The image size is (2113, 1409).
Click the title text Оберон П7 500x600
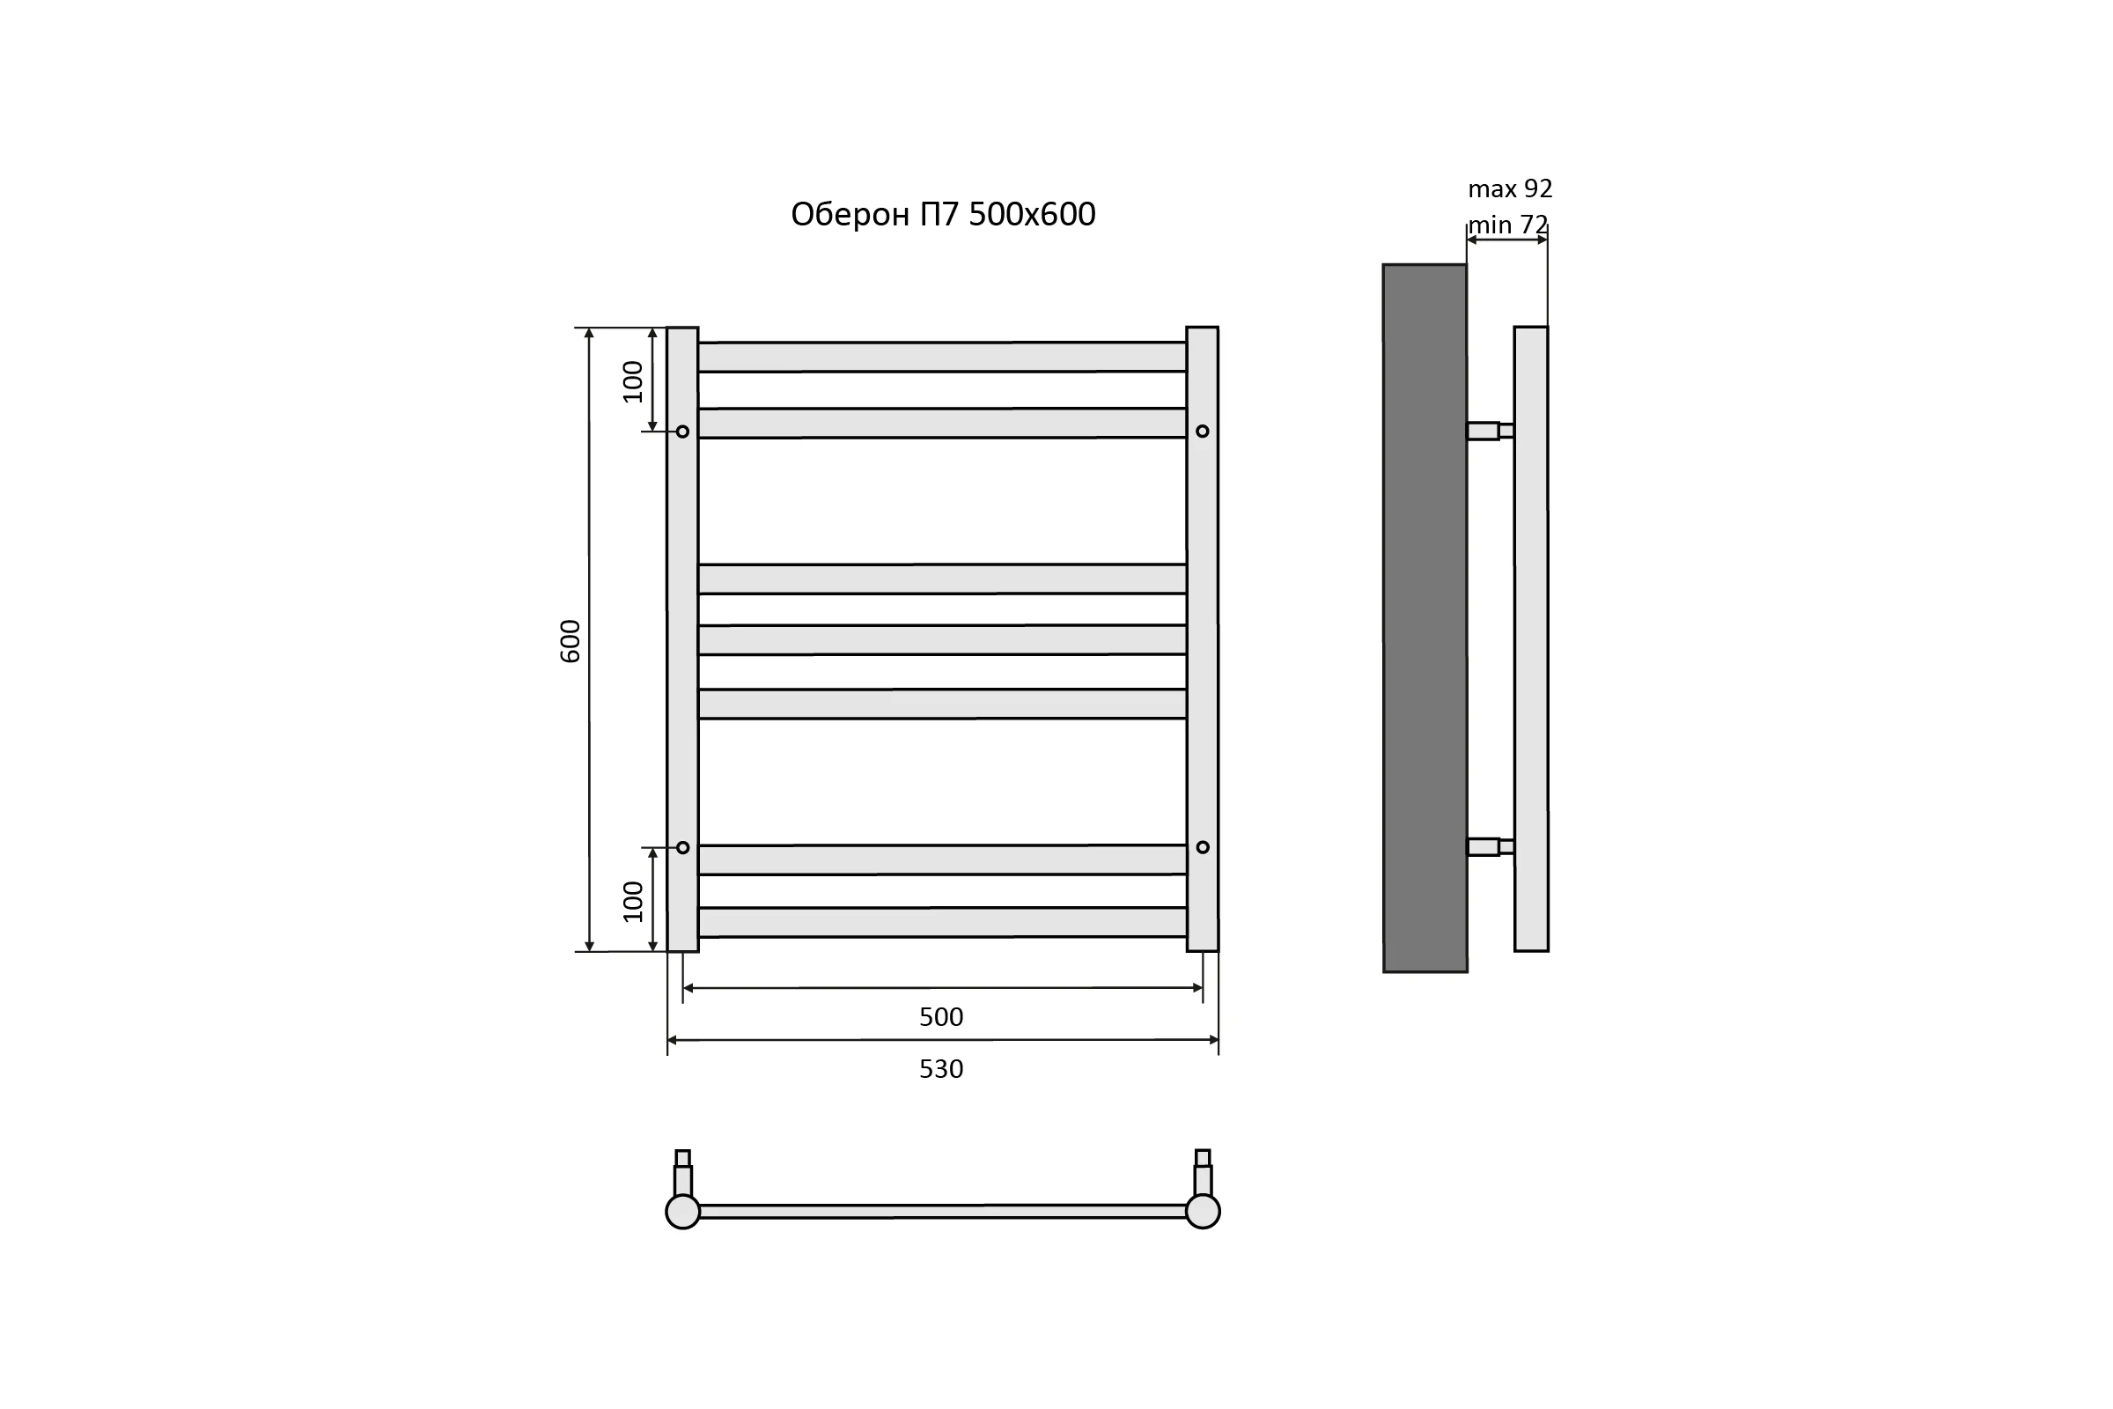pos(942,215)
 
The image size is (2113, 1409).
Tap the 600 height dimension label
pos(571,641)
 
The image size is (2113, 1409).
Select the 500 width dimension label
pos(940,1017)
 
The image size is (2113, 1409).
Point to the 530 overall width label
pos(940,1069)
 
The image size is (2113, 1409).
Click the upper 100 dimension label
pos(633,382)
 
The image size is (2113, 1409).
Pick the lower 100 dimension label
pos(633,901)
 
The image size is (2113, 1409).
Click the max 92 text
pos(1510,188)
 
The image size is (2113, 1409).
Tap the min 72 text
pos(1508,225)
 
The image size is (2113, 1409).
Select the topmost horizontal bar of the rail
pos(942,357)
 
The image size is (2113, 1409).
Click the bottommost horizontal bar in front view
pos(942,922)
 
